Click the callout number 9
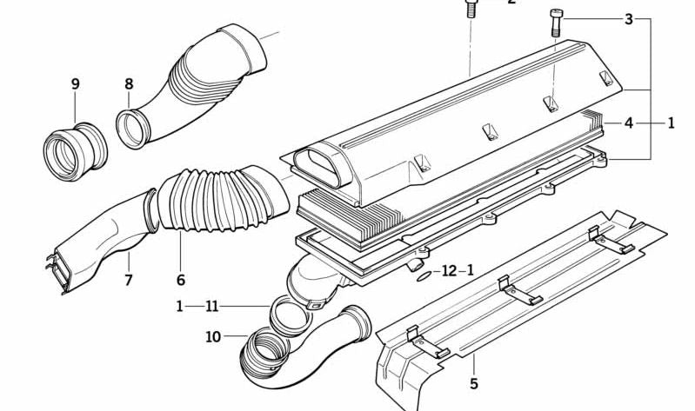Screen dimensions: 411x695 (x=76, y=84)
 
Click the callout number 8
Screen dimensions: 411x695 (x=129, y=84)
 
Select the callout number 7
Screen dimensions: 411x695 (x=128, y=280)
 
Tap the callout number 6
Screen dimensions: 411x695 (x=181, y=280)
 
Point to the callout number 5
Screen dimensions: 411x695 (x=474, y=382)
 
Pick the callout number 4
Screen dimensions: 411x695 (x=628, y=123)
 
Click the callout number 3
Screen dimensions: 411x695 (x=628, y=19)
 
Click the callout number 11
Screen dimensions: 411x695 (x=211, y=306)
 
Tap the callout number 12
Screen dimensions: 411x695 (x=449, y=271)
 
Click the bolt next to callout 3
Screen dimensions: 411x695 (x=556, y=21)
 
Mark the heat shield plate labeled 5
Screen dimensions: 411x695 (x=513, y=295)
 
